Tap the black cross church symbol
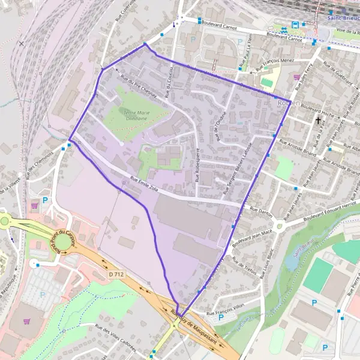(318, 120)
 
